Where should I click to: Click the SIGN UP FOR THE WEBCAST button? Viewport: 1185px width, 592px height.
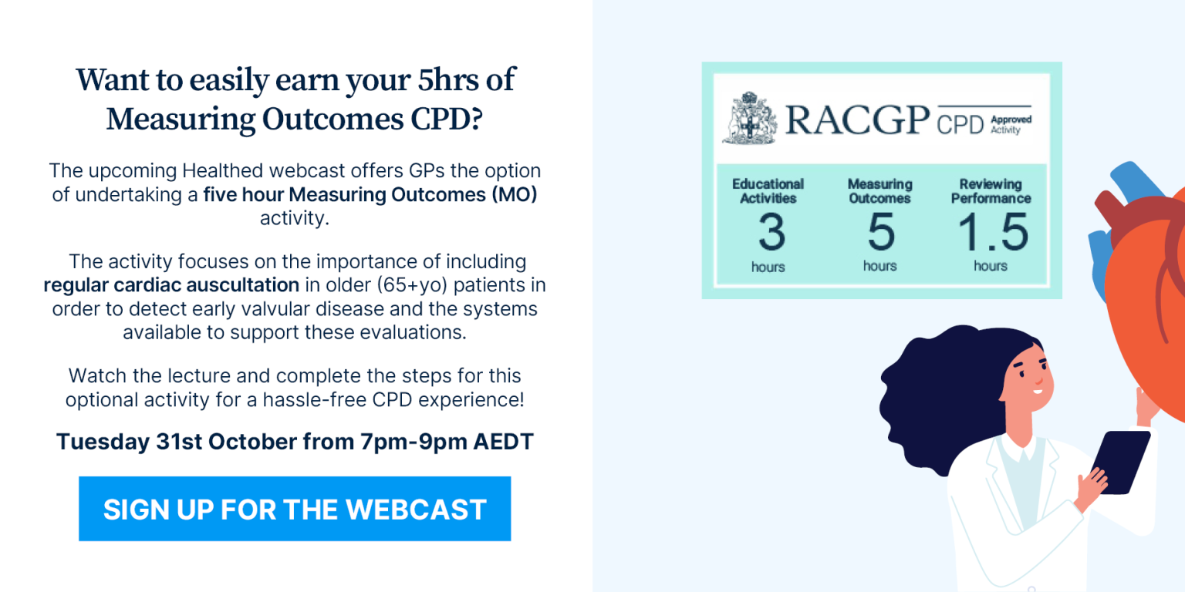point(295,509)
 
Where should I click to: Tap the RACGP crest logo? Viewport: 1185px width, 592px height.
point(750,118)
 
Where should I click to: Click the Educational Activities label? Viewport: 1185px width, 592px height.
point(768,191)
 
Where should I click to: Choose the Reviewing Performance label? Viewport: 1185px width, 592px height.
point(991,191)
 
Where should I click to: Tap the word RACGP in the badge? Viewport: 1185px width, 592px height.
point(857,119)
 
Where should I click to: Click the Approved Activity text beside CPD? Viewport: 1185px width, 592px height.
point(1011,125)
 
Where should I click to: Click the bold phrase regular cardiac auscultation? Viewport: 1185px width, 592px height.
point(171,285)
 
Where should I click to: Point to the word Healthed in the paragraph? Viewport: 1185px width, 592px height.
point(222,170)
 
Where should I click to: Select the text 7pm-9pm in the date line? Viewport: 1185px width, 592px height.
point(414,442)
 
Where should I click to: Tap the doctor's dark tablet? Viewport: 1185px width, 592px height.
point(1119,462)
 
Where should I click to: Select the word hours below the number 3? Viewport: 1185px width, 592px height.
point(768,267)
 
